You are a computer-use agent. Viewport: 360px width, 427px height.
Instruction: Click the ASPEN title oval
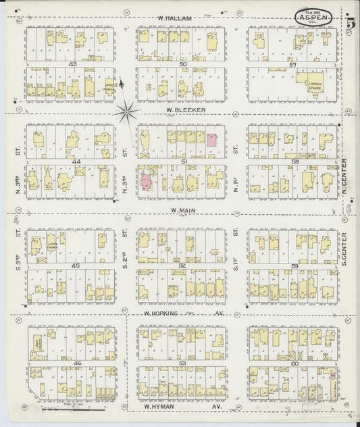click(x=312, y=16)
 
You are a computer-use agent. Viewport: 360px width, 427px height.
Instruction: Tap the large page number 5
click(x=351, y=23)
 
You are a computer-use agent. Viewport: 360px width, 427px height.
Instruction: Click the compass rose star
click(x=126, y=111)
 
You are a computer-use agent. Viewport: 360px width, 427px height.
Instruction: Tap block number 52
click(x=182, y=266)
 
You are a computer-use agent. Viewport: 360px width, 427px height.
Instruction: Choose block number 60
click(x=294, y=363)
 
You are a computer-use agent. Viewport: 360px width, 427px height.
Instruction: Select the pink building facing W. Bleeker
click(x=211, y=140)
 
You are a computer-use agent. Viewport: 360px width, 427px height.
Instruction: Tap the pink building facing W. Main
click(x=146, y=182)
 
